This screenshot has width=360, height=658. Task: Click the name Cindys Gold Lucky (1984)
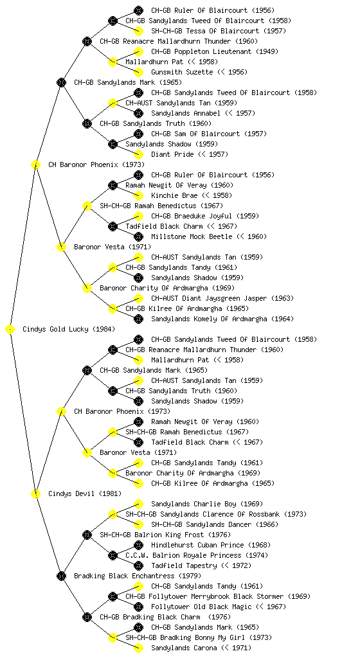pyautogui.click(x=69, y=329)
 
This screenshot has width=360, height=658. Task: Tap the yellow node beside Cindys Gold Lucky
pyautogui.click(x=10, y=329)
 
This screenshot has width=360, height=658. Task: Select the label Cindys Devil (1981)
pyautogui.click(x=85, y=493)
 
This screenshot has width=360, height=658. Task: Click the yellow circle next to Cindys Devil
pyautogui.click(x=35, y=493)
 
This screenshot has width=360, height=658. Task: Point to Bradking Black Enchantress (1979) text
pyautogui.click(x=138, y=576)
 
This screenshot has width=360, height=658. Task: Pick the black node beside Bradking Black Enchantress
pyautogui.click(x=61, y=576)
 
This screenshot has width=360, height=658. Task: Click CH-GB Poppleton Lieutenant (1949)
pyautogui.click(x=215, y=51)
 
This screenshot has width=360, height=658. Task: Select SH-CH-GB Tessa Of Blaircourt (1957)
pyautogui.click(x=219, y=31)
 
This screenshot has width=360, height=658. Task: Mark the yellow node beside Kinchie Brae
pyautogui.click(x=138, y=195)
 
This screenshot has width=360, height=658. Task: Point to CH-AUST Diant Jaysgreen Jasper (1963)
pyautogui.click(x=222, y=298)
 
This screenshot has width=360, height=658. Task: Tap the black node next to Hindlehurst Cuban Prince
pyautogui.click(x=138, y=545)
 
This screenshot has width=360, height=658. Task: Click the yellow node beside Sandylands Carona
pyautogui.click(x=138, y=648)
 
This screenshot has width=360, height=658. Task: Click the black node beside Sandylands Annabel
pyautogui.click(x=138, y=113)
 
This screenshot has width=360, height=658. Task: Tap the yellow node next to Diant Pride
pyautogui.click(x=138, y=154)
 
